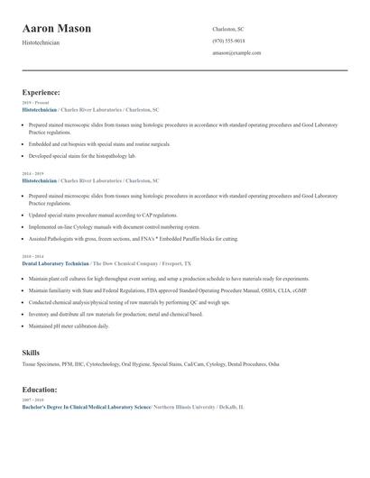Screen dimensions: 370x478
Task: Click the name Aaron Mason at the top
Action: [x=56, y=29]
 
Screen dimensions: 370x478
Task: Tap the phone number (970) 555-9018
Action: [x=228, y=41]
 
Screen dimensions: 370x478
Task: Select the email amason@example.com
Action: [x=236, y=53]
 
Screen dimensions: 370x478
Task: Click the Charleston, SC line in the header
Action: [x=228, y=29]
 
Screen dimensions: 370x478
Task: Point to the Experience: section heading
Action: [x=42, y=92]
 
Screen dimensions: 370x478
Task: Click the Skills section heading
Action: [x=31, y=352]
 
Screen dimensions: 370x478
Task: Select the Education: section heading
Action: [x=40, y=390]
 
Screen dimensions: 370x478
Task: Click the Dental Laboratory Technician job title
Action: [x=55, y=263]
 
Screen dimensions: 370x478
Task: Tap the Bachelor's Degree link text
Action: [x=86, y=407]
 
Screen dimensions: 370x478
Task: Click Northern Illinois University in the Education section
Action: [x=185, y=407]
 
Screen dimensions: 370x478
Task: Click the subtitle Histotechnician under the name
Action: [x=41, y=42]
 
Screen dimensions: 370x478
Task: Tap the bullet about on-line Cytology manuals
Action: [x=114, y=227]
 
